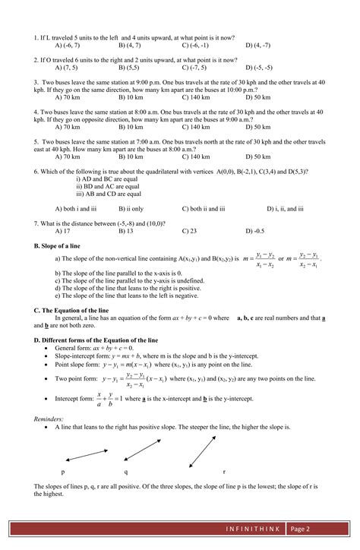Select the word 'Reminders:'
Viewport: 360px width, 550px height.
tap(49, 419)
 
